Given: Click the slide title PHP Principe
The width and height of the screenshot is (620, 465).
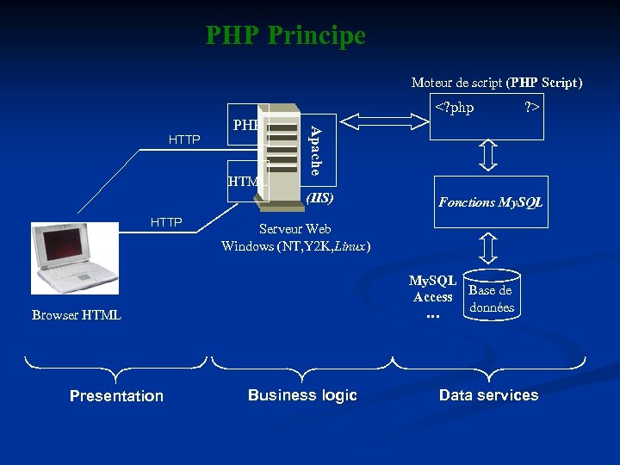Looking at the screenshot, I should [x=285, y=36].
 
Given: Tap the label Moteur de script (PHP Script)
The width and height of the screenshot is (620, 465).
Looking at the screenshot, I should [x=497, y=83].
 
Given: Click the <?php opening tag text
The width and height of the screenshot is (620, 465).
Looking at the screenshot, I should [x=454, y=108].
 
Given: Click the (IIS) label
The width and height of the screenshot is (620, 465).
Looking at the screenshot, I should [x=319, y=198].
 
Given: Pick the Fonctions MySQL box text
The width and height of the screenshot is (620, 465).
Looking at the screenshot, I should [x=490, y=202].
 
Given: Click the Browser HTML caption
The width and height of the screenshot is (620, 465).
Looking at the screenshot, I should [x=77, y=315].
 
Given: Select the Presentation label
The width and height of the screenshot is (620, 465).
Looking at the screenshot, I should [x=116, y=396].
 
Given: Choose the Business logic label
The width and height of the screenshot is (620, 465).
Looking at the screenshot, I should [x=302, y=395].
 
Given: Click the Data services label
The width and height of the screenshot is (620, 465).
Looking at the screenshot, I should [x=488, y=395].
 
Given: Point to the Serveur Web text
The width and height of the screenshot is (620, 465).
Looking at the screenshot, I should [x=295, y=229].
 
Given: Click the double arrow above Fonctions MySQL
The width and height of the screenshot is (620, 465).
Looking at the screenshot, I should [x=489, y=157].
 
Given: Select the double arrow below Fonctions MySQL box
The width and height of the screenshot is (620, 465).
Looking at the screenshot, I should [x=489, y=248].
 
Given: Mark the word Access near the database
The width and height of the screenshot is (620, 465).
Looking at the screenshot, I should [x=432, y=297].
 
